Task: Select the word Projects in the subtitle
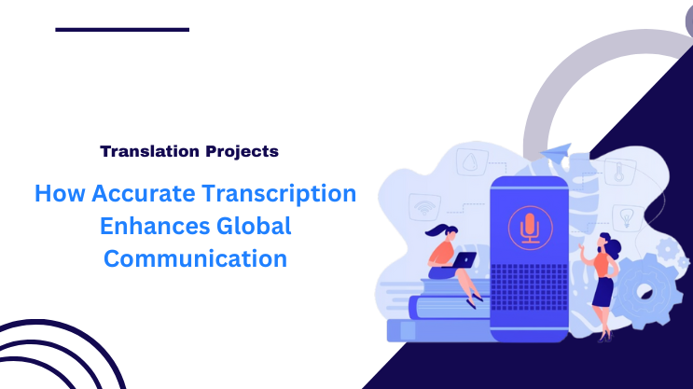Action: [238, 150]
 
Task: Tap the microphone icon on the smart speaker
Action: [528, 228]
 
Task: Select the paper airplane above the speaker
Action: [558, 152]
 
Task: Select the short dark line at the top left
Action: [121, 29]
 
